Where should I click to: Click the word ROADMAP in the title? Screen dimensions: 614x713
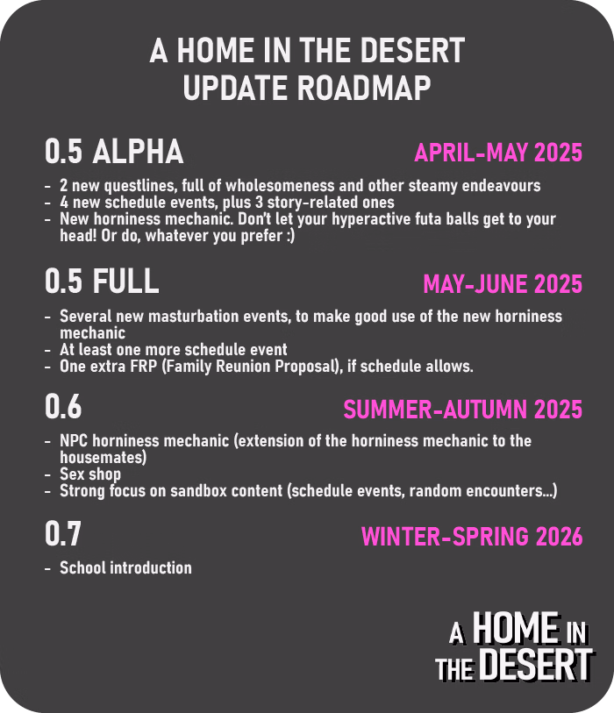pyautogui.click(x=364, y=88)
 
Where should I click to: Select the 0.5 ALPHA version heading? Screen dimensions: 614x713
pyautogui.click(x=114, y=152)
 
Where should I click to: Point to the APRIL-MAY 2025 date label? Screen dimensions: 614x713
pyautogui.click(x=498, y=153)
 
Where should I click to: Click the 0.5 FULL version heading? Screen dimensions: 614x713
pyautogui.click(x=102, y=281)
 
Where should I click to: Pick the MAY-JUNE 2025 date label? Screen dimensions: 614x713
pyautogui.click(x=503, y=284)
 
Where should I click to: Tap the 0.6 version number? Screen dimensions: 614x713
pyautogui.click(x=63, y=406)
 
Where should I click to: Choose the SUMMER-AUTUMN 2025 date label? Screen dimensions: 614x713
pyautogui.click(x=463, y=410)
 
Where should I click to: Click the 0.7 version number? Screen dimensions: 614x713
pyautogui.click(x=63, y=533)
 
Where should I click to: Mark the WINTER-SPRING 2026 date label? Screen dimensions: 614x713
pyautogui.click(x=472, y=537)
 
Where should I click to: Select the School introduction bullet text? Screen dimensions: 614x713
pyautogui.click(x=125, y=567)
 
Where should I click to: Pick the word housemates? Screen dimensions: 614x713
pyautogui.click(x=102, y=458)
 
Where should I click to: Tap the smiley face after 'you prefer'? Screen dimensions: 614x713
pyautogui.click(x=290, y=236)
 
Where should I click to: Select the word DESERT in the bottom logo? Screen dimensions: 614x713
pyautogui.click(x=537, y=664)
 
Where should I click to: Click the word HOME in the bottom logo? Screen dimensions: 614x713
pyautogui.click(x=516, y=628)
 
